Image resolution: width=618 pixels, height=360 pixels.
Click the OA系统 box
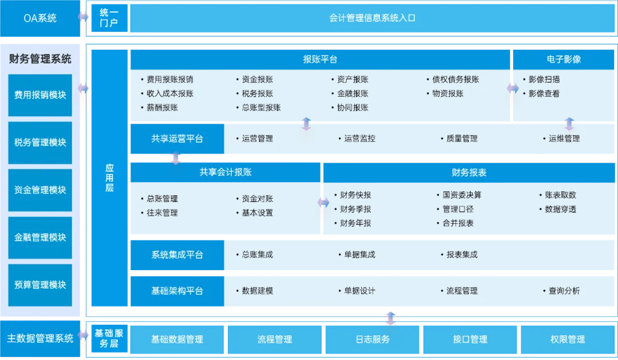[40, 18]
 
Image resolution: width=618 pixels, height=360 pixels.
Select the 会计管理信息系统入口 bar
[372, 18]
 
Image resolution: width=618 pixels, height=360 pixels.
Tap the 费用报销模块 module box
[40, 96]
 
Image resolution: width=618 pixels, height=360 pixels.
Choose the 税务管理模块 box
[40, 143]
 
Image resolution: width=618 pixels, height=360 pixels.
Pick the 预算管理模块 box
[40, 285]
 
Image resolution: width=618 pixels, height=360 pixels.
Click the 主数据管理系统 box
[40, 339]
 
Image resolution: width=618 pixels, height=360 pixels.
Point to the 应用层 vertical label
[109, 178]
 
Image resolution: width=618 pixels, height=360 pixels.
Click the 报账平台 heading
[320, 60]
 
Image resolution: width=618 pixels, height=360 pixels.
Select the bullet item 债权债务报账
[455, 80]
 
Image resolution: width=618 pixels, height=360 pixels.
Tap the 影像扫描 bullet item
[544, 80]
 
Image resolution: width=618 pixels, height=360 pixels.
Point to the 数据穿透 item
[560, 209]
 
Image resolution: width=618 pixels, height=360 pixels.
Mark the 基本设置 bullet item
[257, 213]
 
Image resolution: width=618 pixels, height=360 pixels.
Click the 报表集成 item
[462, 255]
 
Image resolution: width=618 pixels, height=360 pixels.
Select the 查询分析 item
[564, 291]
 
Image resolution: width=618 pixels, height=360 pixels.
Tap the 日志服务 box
[373, 339]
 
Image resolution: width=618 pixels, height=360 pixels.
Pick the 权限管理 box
[568, 339]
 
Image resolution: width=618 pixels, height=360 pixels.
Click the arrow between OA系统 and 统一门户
[84, 17]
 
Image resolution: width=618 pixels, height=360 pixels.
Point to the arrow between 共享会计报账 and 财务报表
[323, 203]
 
